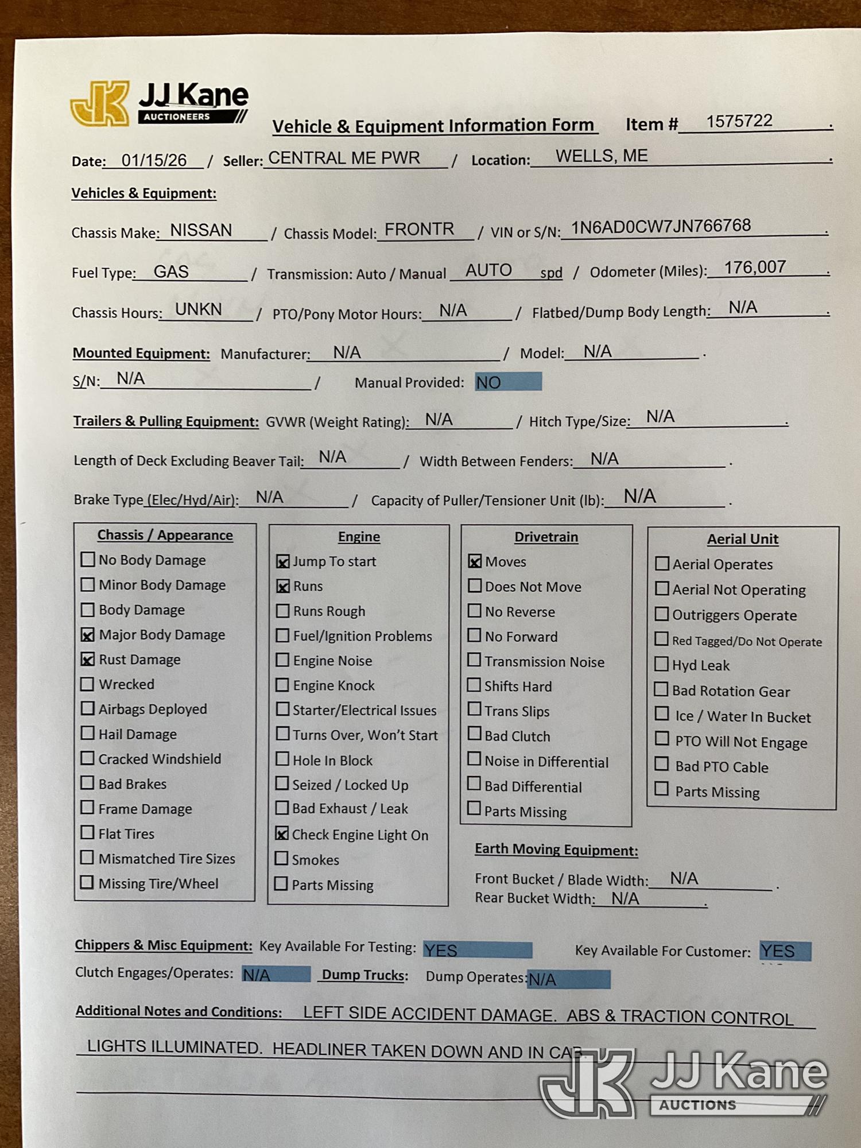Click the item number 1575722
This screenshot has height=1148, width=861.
coord(739,121)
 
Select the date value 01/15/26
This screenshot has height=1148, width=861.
coord(154,160)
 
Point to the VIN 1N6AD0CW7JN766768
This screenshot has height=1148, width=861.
coord(660,226)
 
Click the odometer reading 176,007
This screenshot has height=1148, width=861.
coord(754,267)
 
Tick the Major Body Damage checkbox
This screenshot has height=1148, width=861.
coord(87,634)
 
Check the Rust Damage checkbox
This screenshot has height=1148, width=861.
coord(87,660)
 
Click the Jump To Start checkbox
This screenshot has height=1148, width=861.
coord(282,561)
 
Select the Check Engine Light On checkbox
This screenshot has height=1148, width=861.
coord(281,834)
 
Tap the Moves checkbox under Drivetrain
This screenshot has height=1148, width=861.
coord(475,561)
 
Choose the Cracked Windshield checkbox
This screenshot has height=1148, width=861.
coord(87,758)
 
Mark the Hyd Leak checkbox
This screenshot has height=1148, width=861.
coord(662,664)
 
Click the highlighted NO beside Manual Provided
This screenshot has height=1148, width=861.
coord(507,382)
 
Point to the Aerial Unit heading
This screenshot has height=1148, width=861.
coord(742,539)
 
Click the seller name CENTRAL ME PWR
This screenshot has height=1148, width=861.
coord(344,158)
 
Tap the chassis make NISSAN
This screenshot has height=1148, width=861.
coord(201,230)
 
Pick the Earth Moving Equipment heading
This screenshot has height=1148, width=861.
coord(556,850)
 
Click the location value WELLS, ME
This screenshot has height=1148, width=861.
coord(601,156)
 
